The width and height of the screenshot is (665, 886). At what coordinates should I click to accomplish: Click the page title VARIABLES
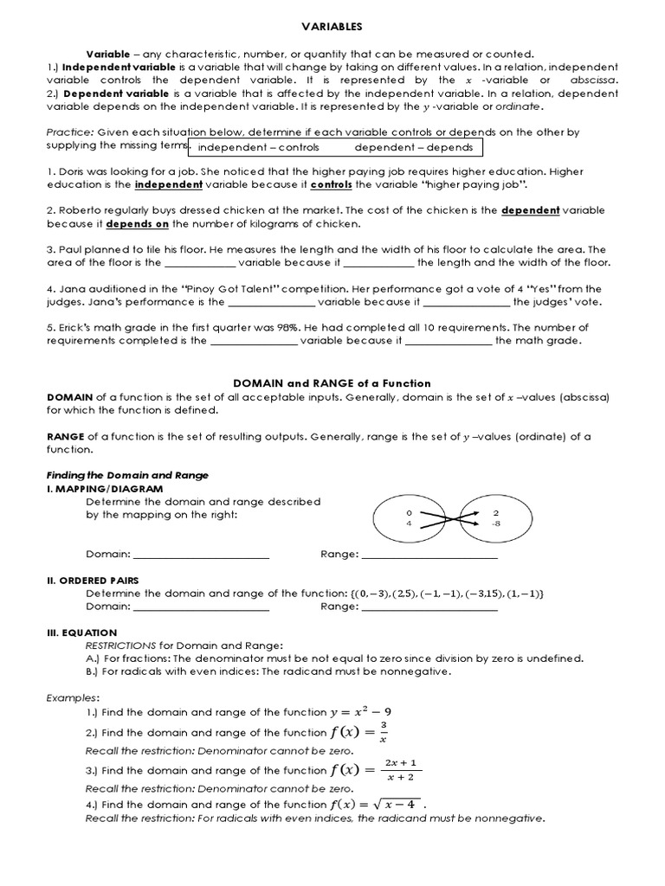[x=332, y=27]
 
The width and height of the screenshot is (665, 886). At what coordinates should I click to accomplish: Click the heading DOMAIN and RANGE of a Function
[x=332, y=382]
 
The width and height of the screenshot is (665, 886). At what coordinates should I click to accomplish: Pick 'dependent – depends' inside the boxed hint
[x=413, y=147]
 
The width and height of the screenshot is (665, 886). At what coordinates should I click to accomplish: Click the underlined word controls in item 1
[x=331, y=184]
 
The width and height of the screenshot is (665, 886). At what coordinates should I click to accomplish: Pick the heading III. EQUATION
[x=81, y=632]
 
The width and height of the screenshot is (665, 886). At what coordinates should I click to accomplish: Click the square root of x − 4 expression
[x=396, y=804]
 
